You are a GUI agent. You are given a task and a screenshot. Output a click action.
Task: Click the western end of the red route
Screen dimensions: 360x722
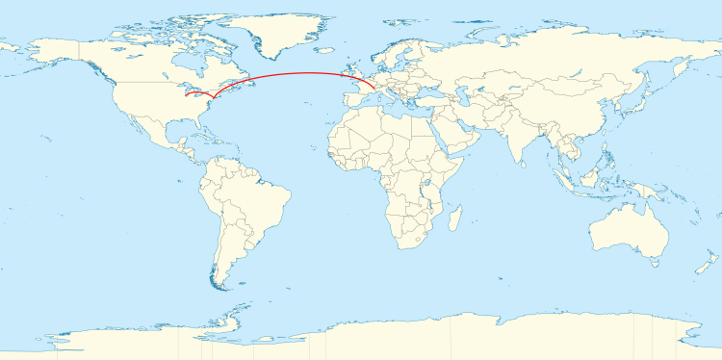point(186,97)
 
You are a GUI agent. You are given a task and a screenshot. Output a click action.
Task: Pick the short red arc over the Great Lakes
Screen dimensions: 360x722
point(199,94)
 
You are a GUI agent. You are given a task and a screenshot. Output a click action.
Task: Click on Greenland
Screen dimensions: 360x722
point(279,29)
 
